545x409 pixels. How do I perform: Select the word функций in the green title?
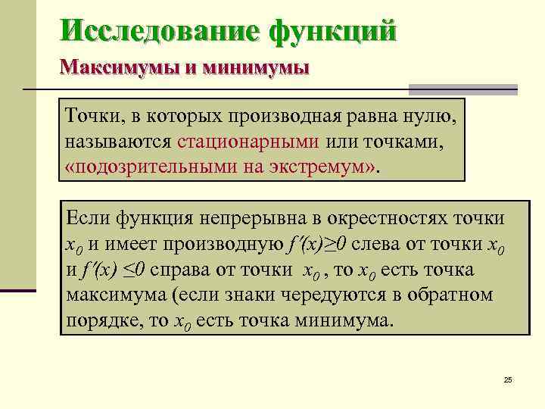tap(332, 31)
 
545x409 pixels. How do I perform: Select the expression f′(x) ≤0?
tap(122, 270)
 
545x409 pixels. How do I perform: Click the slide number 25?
tap(507, 379)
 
